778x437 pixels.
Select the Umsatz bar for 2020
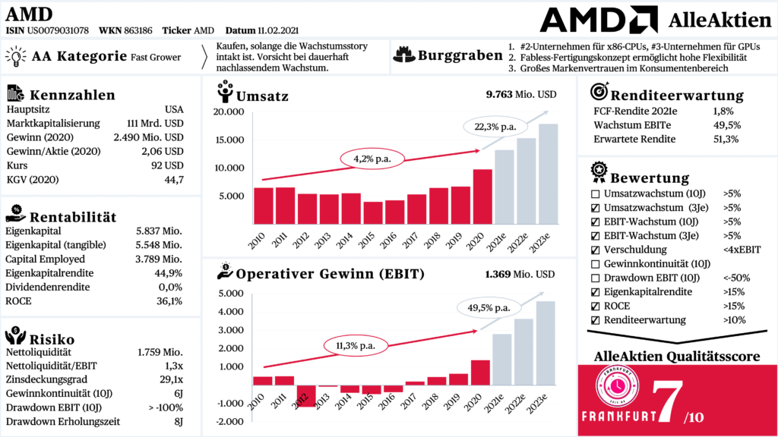coord(482,196)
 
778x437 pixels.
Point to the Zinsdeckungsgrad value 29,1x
coord(169,379)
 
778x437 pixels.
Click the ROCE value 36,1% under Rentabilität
coord(169,302)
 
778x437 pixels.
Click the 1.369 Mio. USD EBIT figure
coord(519,273)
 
